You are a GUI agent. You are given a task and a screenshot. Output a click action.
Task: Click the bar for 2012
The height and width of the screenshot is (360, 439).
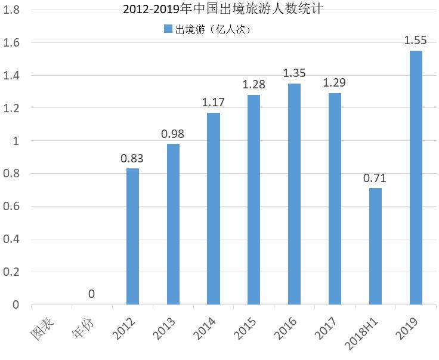[x=132, y=236]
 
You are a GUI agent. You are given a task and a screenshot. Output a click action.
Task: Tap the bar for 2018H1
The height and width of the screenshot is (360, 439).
[x=375, y=247]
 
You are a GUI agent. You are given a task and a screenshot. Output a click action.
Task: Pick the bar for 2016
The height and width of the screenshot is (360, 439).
[x=294, y=194]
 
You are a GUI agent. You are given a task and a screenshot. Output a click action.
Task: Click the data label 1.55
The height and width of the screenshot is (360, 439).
[x=415, y=41]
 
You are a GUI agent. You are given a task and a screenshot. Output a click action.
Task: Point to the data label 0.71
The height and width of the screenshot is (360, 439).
[x=375, y=178]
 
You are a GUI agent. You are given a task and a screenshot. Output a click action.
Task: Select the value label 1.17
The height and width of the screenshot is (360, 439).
[x=213, y=103]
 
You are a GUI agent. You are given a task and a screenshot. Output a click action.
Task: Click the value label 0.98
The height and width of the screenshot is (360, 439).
[x=173, y=134]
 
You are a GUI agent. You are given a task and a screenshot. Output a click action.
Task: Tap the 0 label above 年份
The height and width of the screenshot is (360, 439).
[x=91, y=294]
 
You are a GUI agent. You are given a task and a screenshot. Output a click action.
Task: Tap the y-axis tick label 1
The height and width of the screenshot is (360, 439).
[x=16, y=141]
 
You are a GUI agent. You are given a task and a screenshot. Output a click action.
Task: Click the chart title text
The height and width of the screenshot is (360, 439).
[x=219, y=10]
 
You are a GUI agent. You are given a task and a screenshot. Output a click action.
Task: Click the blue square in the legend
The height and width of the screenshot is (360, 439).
[x=166, y=29]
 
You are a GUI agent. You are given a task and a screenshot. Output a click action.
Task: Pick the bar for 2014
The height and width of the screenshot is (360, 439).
[x=213, y=209]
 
